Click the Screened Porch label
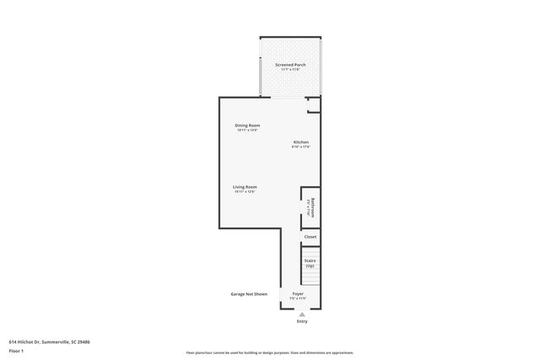(x=290, y=65)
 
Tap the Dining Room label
(x=247, y=126)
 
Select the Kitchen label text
(x=301, y=142)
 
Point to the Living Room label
(x=246, y=186)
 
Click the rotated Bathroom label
(x=312, y=207)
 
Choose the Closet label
(x=310, y=237)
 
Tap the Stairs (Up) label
(x=310, y=263)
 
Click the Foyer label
(x=299, y=293)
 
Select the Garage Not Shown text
(x=249, y=294)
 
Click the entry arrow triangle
(x=302, y=314)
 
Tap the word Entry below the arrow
(x=302, y=321)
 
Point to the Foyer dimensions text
(x=299, y=298)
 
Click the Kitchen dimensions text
(x=301, y=147)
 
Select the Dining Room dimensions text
(x=247, y=131)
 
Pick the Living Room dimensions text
(x=246, y=191)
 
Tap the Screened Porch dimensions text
(x=290, y=70)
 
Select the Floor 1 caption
(x=17, y=351)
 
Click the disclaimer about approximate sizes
(x=270, y=352)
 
